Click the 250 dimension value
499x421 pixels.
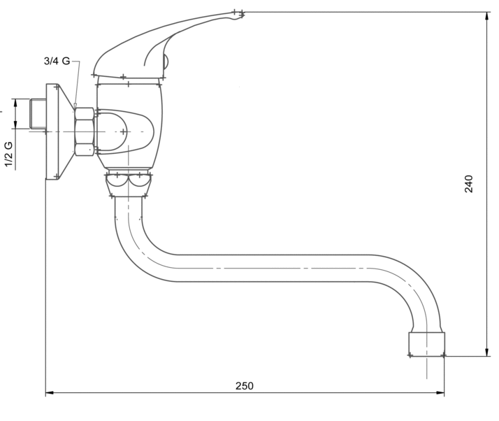(x=244, y=385)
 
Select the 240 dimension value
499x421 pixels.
(x=469, y=184)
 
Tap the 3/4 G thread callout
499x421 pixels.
(x=57, y=62)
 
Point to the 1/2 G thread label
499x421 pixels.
(x=8, y=155)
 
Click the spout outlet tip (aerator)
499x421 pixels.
(x=426, y=343)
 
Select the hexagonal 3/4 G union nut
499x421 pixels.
(x=85, y=131)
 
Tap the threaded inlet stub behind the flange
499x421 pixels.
(x=37, y=115)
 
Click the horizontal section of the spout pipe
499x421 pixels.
(x=280, y=268)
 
